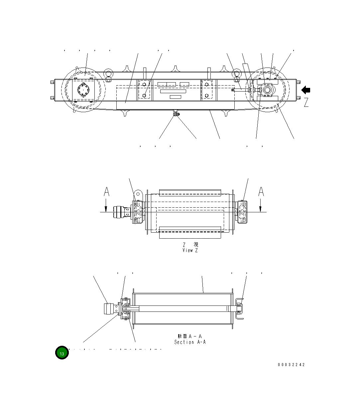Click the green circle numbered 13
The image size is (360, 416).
[x=62, y=353]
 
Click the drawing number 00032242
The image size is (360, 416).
[x=291, y=365]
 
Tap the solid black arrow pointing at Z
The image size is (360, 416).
[x=306, y=90]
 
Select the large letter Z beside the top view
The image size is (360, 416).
[x=306, y=102]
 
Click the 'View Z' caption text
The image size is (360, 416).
[x=190, y=250]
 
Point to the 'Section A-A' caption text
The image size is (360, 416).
[x=190, y=342]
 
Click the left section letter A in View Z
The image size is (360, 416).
[x=106, y=192]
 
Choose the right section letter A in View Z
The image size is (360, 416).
[x=261, y=192]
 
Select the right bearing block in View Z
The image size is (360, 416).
[x=242, y=212]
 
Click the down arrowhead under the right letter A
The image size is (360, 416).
[x=261, y=209]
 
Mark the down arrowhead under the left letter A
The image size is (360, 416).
[x=106, y=209]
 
